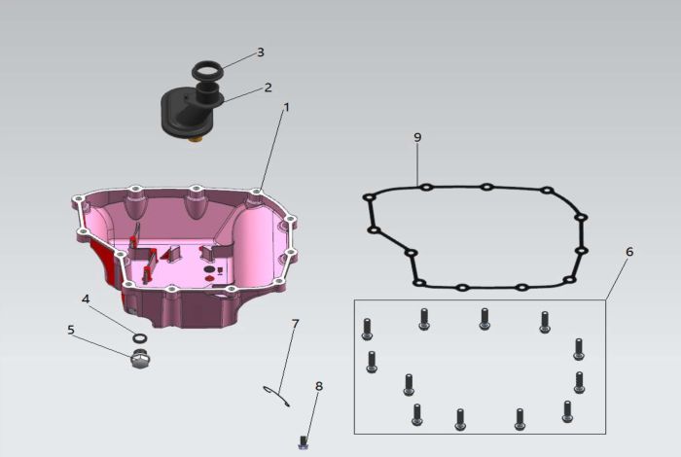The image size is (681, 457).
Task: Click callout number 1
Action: point(286,107)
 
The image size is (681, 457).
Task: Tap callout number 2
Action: point(268,88)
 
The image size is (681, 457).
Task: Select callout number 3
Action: point(261,53)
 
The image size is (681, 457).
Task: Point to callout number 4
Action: point(86,299)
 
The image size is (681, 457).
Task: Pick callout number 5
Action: point(71,330)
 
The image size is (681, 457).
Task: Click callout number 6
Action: point(629,252)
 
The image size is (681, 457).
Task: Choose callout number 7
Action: point(296,324)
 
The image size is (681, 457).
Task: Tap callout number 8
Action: point(319,386)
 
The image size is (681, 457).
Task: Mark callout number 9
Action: point(417,137)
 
